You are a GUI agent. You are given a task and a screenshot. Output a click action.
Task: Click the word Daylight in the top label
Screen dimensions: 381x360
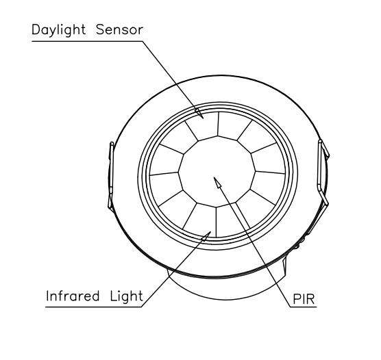pos(58,30)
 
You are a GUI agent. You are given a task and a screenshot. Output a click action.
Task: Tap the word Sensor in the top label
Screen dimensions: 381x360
pos(119,29)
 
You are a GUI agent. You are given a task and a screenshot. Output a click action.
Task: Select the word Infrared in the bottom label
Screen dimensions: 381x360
pos(73,296)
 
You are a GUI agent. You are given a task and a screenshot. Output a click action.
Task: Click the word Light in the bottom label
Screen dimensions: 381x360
pos(126,296)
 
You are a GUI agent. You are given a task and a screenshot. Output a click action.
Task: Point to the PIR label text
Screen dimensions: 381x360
pos(304,299)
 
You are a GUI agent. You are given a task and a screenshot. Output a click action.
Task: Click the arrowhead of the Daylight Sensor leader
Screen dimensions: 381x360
pos(199,114)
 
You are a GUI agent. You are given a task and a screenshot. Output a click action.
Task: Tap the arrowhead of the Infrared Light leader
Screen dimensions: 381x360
pos(206,236)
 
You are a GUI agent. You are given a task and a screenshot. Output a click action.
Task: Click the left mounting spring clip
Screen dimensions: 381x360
pos(110,175)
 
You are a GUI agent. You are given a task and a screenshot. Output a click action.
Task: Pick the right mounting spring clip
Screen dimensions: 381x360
pos(323,172)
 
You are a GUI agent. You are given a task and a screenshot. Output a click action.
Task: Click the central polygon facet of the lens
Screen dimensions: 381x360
pos(217,171)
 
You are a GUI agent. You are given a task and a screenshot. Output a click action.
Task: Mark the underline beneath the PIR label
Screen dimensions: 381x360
pos(304,307)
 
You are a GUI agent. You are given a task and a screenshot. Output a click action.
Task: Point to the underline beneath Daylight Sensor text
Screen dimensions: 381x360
pos(87,41)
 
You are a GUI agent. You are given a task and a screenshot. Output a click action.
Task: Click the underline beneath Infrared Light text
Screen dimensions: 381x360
pos(94,307)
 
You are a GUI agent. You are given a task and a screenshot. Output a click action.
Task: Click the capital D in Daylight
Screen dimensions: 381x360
pos(36,29)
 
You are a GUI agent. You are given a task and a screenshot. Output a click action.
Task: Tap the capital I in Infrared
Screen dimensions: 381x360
pos(48,296)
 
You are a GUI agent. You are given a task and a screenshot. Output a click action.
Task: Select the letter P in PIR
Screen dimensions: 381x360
pos(297,299)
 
